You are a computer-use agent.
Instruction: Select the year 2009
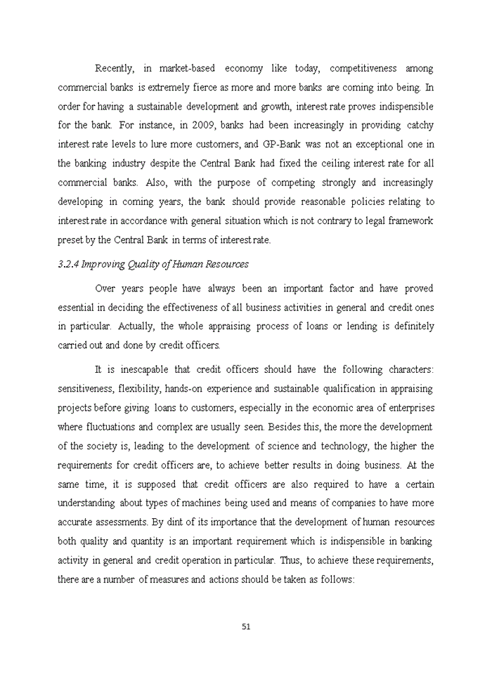point(205,126)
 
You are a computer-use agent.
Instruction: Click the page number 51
point(246,626)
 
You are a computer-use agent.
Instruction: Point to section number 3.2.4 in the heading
point(70,265)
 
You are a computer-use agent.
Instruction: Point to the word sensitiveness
point(85,389)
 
